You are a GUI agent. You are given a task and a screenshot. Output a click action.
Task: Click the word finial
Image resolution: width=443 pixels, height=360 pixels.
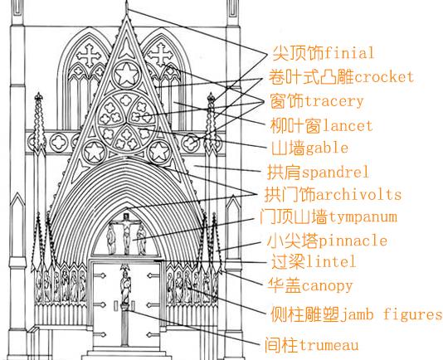coord(349,53)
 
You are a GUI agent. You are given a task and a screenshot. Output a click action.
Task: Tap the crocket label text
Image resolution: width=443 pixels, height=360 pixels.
coord(384,77)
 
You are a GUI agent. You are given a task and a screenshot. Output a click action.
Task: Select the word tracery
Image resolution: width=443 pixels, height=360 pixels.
coord(333,102)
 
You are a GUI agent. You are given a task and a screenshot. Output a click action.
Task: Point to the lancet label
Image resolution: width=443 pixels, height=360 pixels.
coord(347,126)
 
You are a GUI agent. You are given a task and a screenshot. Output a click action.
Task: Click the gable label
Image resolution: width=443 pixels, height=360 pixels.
coord(327,148)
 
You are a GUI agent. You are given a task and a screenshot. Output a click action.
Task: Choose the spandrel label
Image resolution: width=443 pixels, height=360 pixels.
coord(335,173)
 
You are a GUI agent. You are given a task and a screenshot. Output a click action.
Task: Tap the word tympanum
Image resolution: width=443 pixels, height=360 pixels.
coord(363,217)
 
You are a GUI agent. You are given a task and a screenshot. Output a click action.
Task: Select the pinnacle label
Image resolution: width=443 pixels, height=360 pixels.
coord(353,241)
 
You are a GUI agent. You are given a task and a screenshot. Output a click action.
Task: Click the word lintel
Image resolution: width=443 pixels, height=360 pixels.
coord(330,261)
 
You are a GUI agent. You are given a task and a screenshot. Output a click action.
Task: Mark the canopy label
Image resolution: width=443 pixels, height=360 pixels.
coord(327,286)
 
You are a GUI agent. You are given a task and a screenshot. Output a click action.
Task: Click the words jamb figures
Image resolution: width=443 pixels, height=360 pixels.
coord(391,314)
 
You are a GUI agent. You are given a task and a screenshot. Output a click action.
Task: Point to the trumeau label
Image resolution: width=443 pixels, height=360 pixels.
coord(329,345)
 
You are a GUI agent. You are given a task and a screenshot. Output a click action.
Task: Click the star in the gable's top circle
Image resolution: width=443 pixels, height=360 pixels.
coord(127,75)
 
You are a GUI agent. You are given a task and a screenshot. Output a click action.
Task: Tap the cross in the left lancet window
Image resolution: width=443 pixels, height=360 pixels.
coord(89,55)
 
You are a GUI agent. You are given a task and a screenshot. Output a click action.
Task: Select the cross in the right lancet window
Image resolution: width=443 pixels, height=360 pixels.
coord(160,54)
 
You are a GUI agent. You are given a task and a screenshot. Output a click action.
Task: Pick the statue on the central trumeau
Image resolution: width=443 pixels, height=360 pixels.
coord(125,285)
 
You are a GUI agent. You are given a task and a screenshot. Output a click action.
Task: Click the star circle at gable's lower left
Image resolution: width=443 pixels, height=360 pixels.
coord(95,152)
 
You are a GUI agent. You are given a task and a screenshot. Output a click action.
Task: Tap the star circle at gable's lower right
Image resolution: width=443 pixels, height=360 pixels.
coord(159,152)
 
